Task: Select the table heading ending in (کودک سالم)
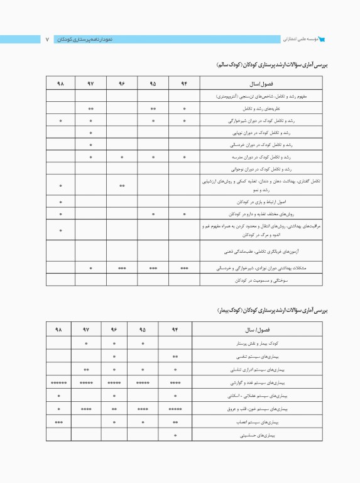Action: (272, 65)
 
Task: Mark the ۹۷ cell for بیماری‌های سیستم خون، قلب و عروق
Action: (87, 409)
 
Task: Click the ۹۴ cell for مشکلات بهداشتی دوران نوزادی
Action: (185, 268)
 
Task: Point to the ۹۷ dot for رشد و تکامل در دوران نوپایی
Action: (91, 133)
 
